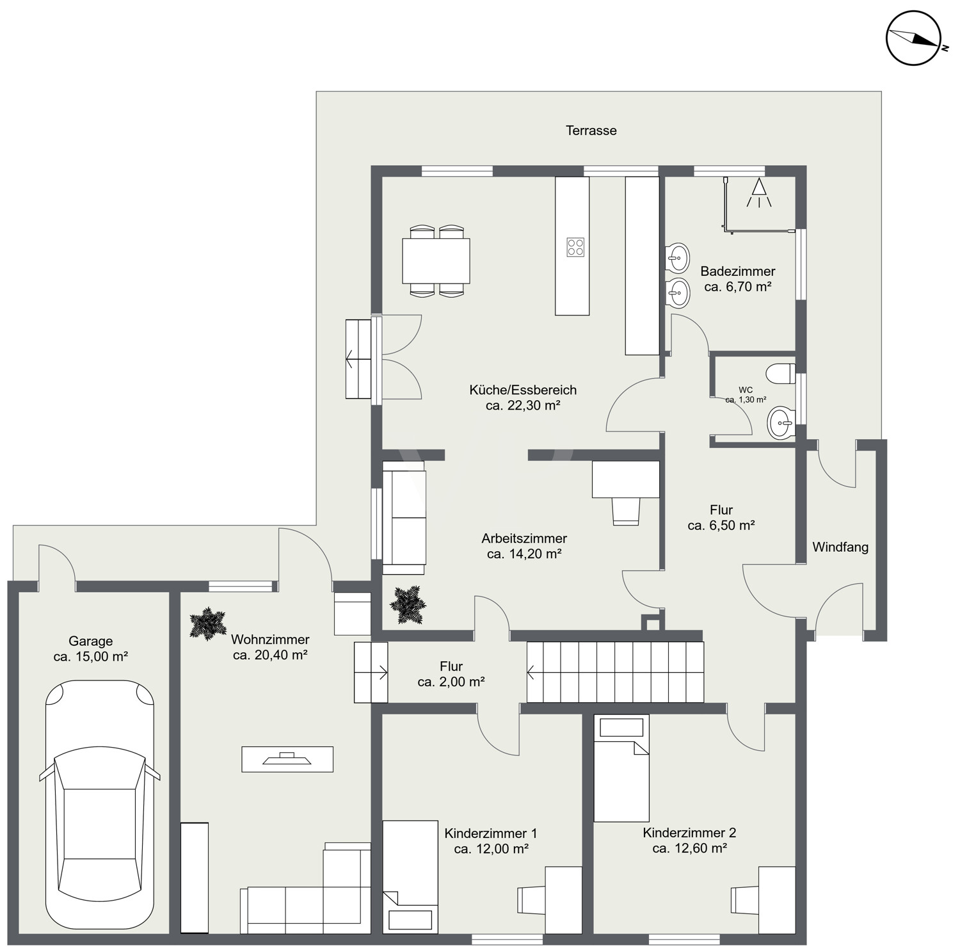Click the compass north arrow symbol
(913, 38)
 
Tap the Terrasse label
(591, 131)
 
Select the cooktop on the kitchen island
(575, 247)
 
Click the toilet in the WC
(781, 374)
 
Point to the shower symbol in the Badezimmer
(759, 193)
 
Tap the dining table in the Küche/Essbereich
(436, 261)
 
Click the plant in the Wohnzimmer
(208, 624)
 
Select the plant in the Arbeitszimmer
(408, 604)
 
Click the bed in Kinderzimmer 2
(621, 768)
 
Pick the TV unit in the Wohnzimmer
(287, 759)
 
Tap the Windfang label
(840, 547)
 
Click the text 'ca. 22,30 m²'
(523, 405)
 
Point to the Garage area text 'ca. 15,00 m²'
(91, 657)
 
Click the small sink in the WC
(781, 422)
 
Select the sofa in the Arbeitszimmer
(404, 518)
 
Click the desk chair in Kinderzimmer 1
(531, 900)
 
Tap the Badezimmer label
(738, 271)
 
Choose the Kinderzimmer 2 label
(689, 833)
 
